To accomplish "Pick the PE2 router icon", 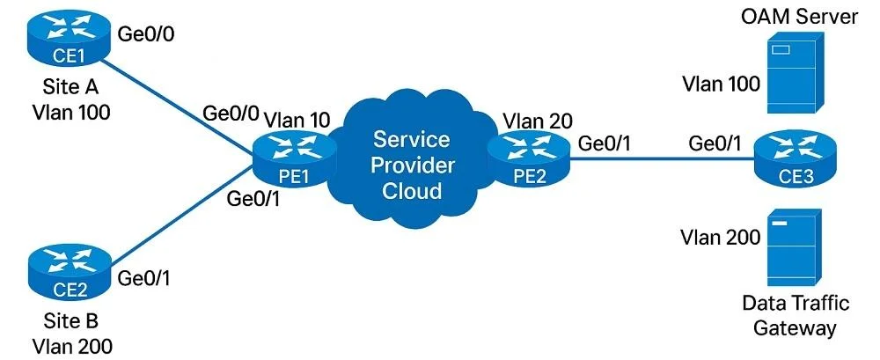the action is (x=528, y=160).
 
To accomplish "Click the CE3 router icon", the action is (x=795, y=160).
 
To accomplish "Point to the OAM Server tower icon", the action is (x=794, y=71).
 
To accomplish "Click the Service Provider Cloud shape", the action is (x=411, y=163).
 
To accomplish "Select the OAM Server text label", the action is (x=799, y=17).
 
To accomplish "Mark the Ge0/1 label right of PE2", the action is (x=605, y=144).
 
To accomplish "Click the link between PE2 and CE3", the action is (x=662, y=159).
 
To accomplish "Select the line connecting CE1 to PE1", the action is (x=180, y=107).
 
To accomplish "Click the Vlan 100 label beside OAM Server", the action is (x=722, y=84).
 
